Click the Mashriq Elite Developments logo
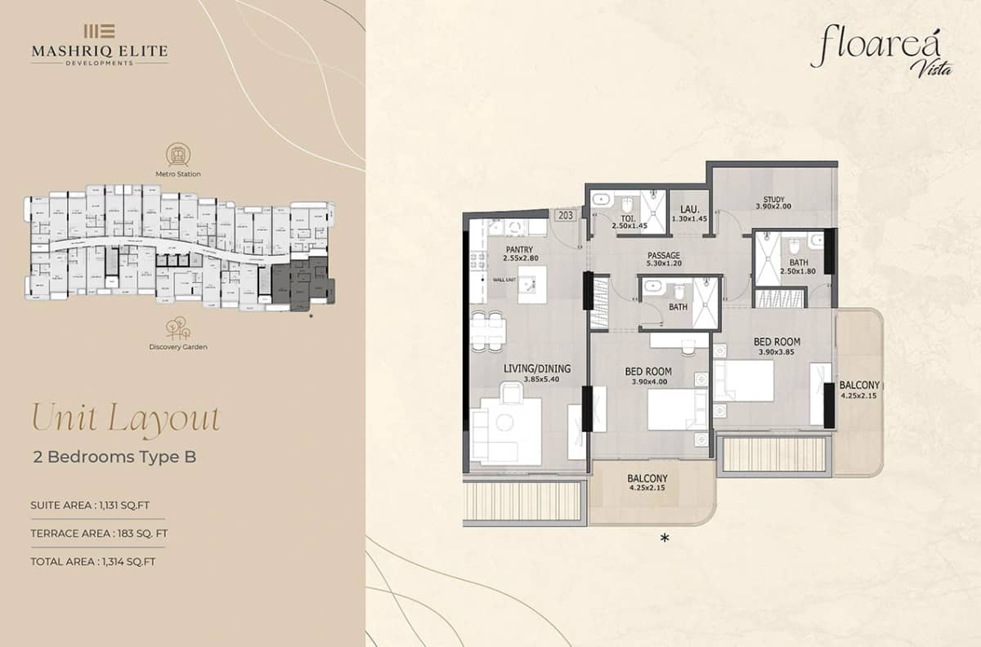tap(99, 45)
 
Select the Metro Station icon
tap(177, 154)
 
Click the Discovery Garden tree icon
tap(177, 328)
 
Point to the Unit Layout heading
tap(125, 418)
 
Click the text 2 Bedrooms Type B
tap(114, 457)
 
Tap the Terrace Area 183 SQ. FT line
tap(99, 533)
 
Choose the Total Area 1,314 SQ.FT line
tap(92, 561)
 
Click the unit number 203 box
tap(565, 216)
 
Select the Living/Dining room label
tap(536, 374)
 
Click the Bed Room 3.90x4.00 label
tap(647, 376)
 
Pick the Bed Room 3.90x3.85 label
tap(776, 346)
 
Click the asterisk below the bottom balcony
tap(665, 538)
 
